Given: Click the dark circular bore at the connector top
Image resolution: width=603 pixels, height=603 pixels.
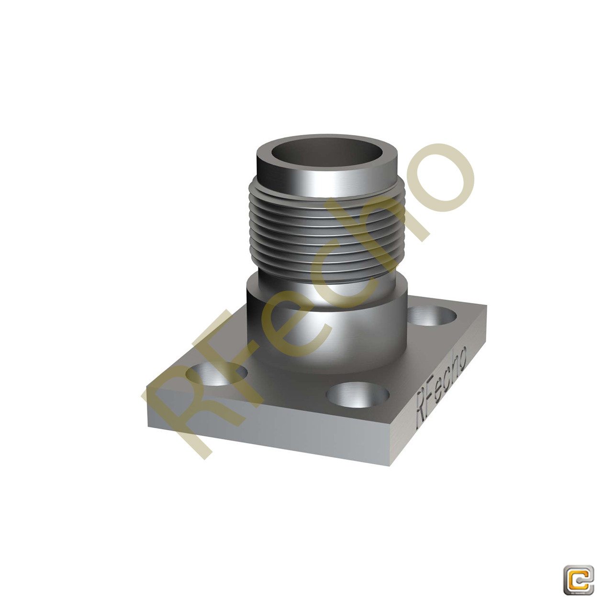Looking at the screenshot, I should click(328, 153).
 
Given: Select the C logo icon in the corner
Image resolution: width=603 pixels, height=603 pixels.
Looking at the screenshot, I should click(578, 580).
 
